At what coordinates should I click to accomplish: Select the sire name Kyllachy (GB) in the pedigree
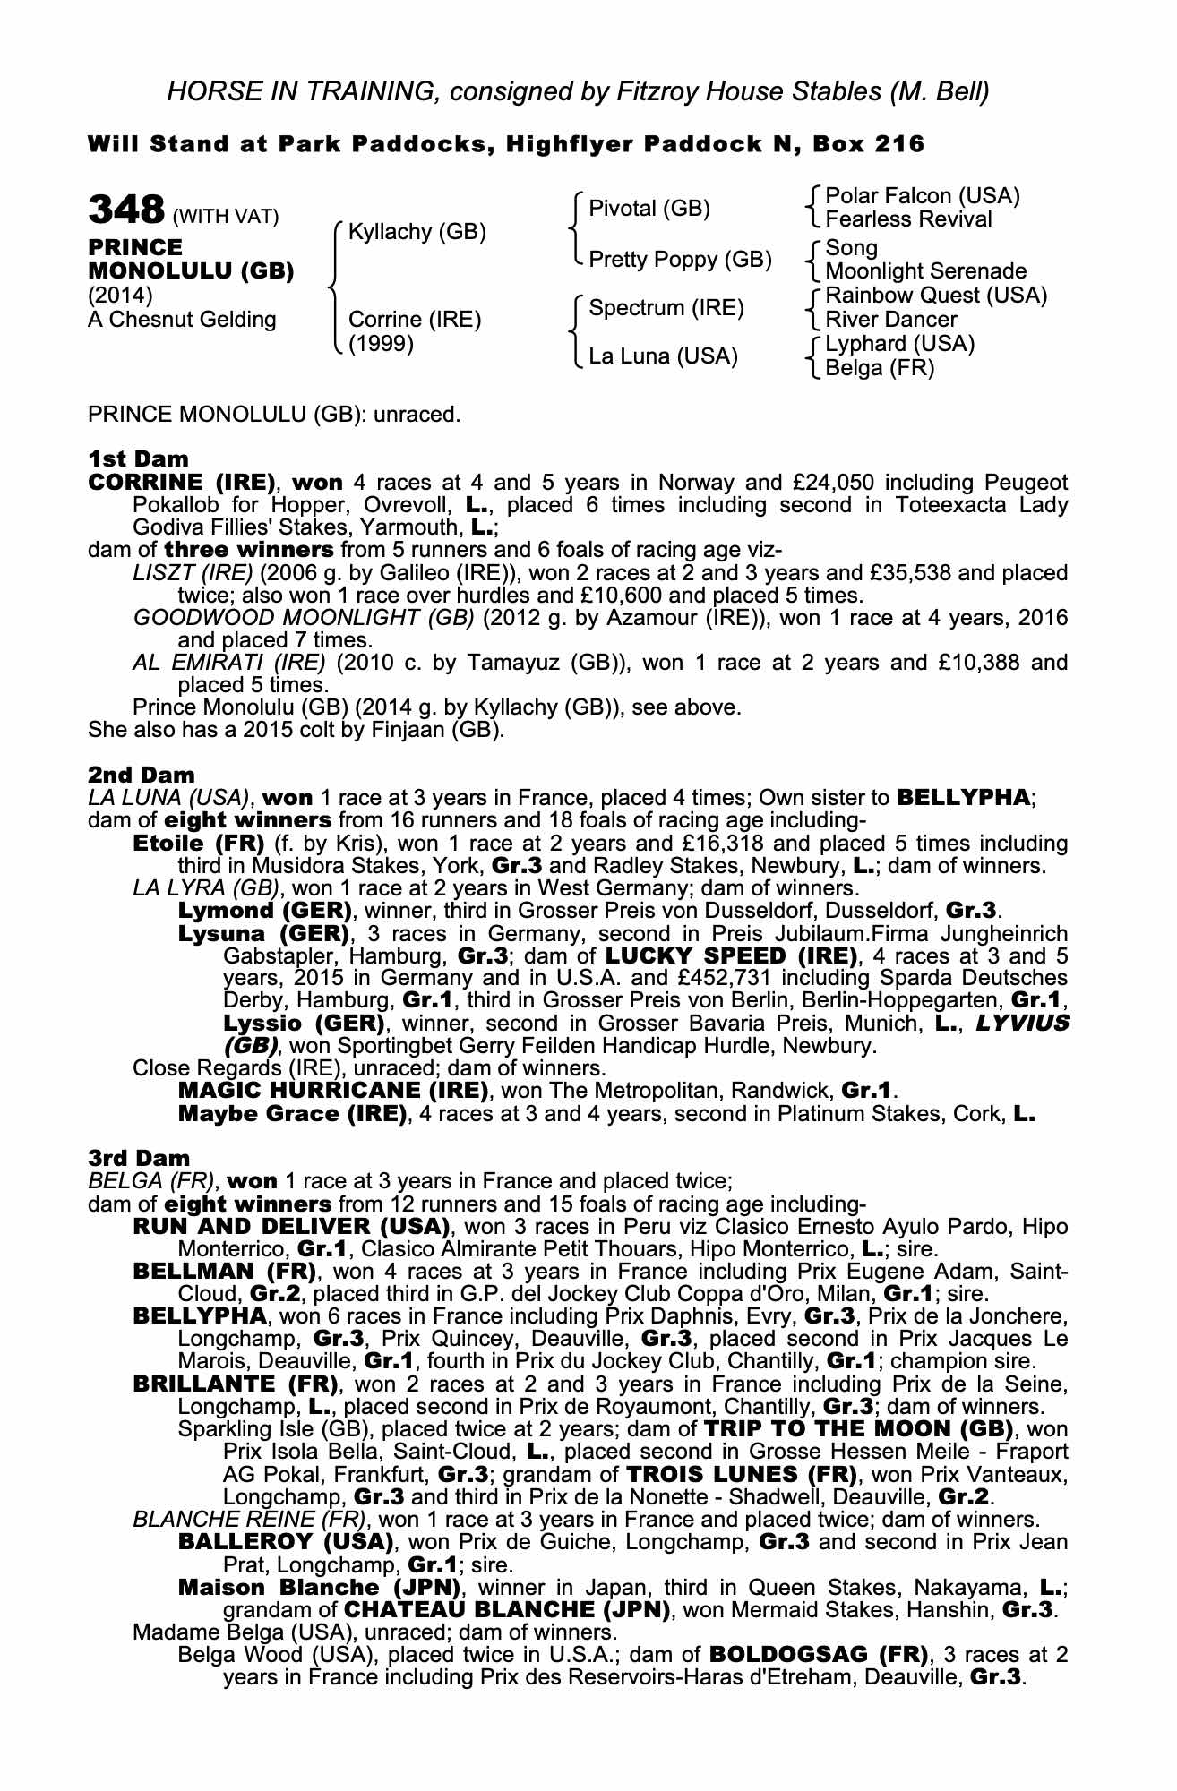tap(417, 232)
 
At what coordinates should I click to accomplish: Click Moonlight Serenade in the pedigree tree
tap(925, 271)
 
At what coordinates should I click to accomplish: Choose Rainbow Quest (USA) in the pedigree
tap(936, 296)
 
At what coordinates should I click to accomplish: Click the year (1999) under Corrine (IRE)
tap(381, 344)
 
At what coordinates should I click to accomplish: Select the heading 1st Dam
tap(139, 459)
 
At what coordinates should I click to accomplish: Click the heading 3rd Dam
tap(140, 1158)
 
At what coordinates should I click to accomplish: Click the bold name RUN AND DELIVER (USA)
tap(291, 1226)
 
